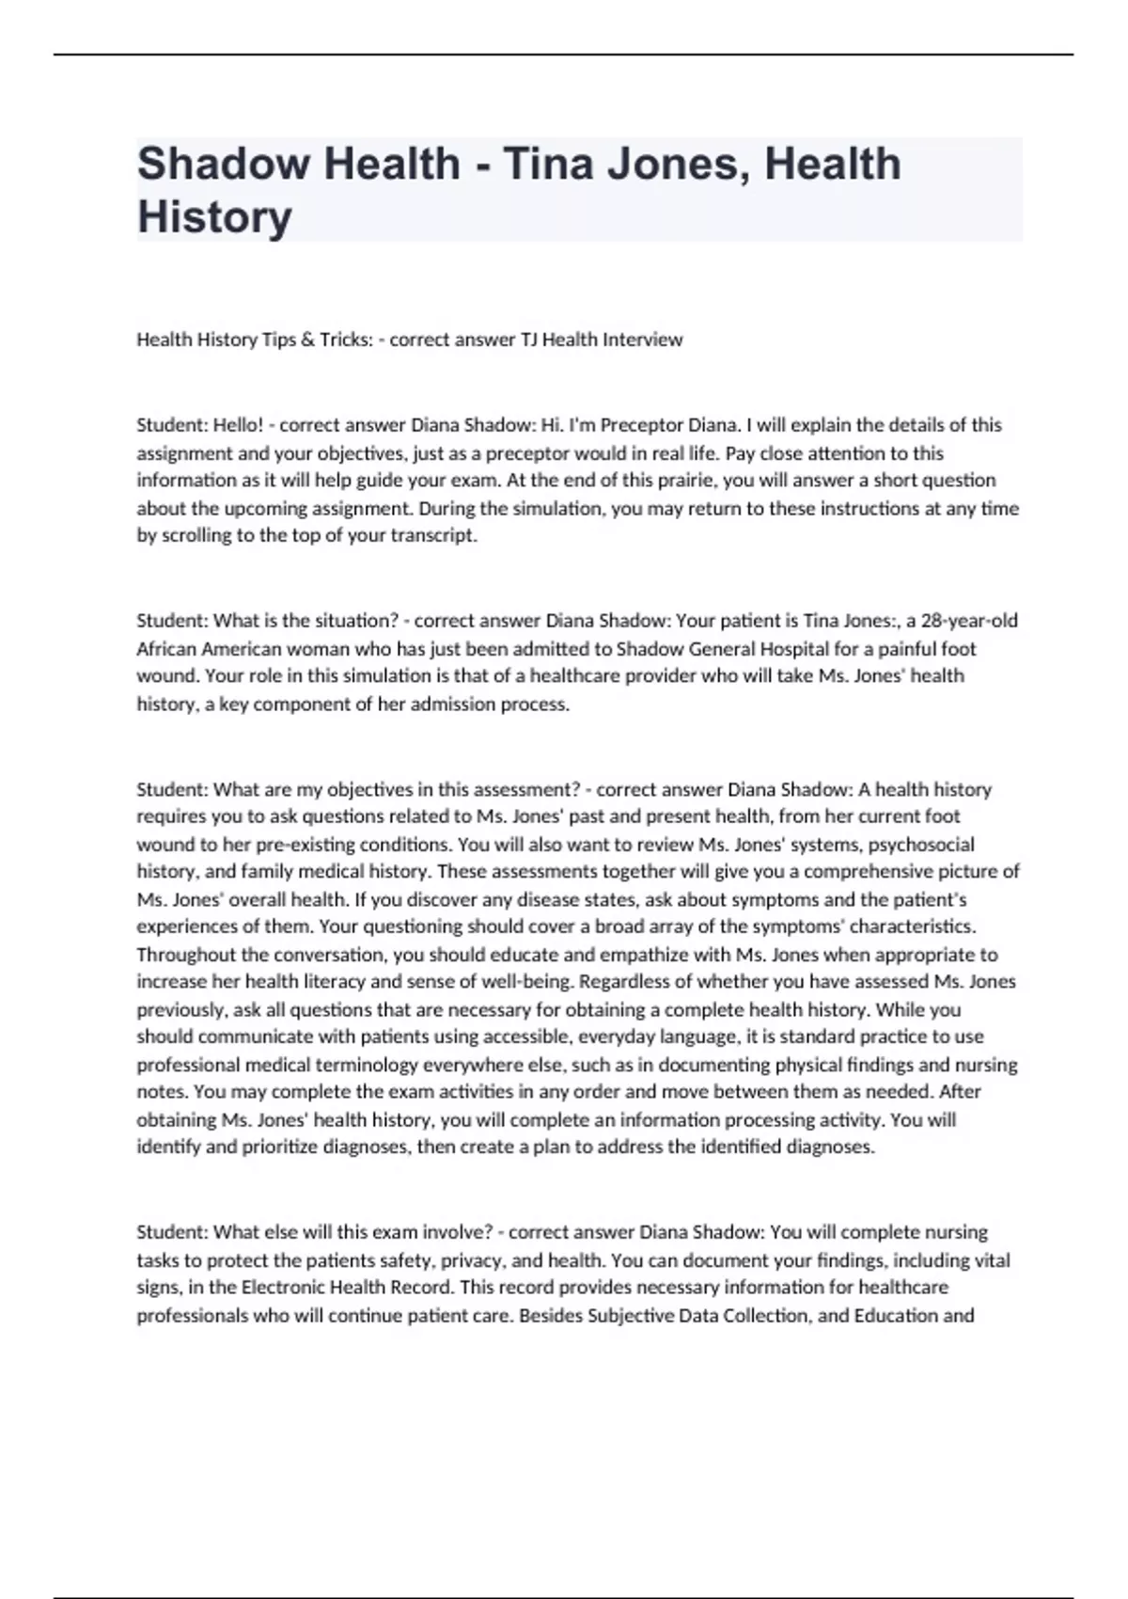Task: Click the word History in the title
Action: pos(214,216)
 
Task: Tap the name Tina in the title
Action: pos(549,164)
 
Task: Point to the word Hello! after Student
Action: pos(239,425)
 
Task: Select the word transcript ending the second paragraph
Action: pos(433,536)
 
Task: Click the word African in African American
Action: pos(167,649)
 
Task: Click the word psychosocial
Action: pos(921,845)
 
